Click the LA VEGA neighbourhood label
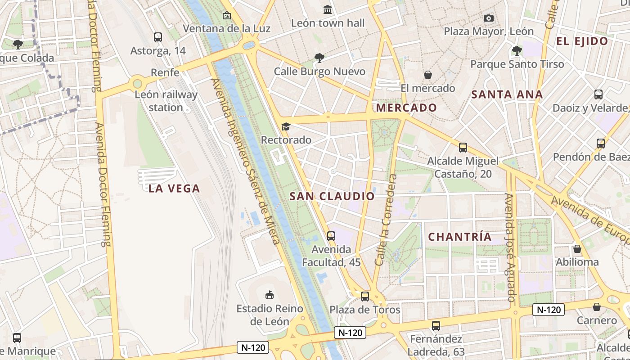pos(174,189)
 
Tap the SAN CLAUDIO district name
pos(332,196)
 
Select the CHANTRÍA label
pos(459,237)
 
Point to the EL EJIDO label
pos(582,41)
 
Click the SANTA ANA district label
pos(507,94)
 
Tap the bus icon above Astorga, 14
pos(157,37)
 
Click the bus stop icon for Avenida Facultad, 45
pos(331,236)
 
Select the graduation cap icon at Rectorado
pos(286,126)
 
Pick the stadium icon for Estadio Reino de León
pos(270,295)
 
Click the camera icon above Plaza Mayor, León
pos(488,18)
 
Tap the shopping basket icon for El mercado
pos(427,74)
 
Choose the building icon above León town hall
pos(328,9)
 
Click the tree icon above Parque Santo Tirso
pos(517,50)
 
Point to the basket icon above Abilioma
pos(577,249)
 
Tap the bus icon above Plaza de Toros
pos(365,296)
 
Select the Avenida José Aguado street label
pos(510,247)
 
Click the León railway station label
pos(166,101)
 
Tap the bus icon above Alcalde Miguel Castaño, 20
pos(463,148)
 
